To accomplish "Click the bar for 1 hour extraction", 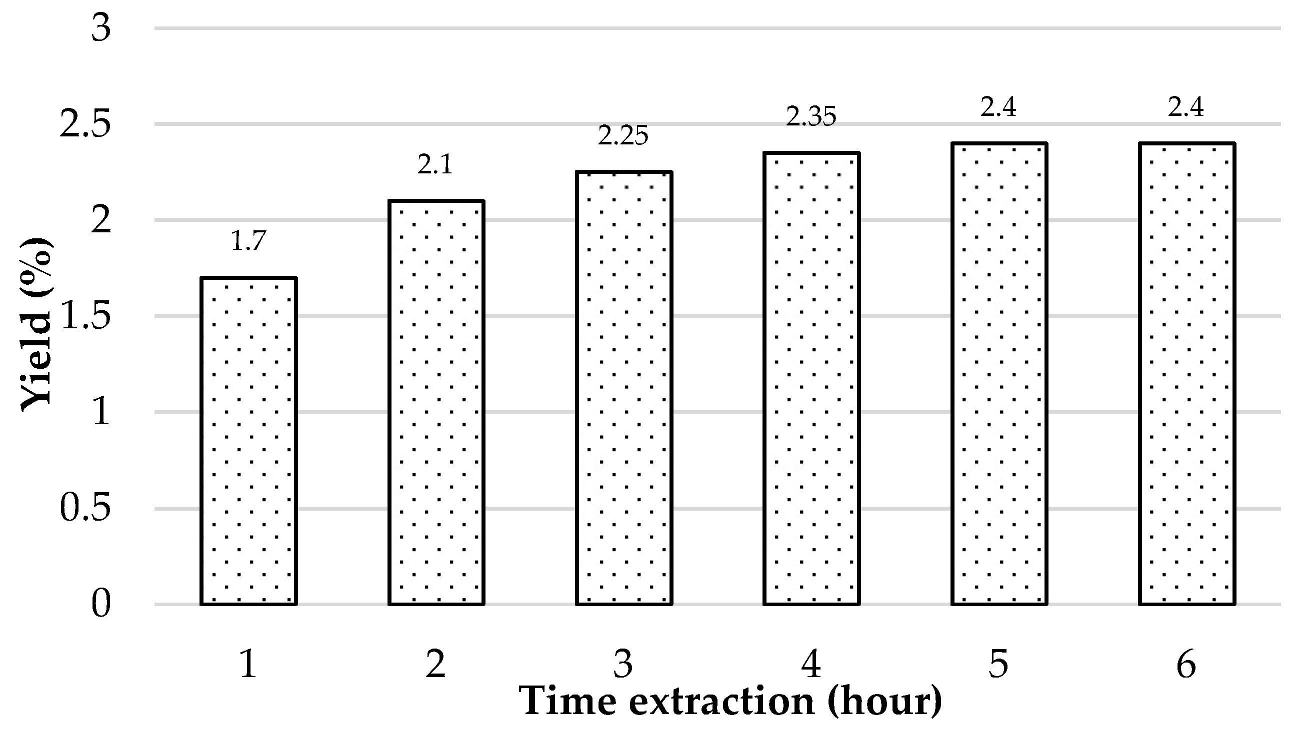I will pyautogui.click(x=248, y=441).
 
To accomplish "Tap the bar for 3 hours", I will pyautogui.click(x=623, y=388).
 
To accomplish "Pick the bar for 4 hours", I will pyautogui.click(x=811, y=378).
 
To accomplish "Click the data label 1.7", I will pyautogui.click(x=248, y=241).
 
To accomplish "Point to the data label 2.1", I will pyautogui.click(x=435, y=164).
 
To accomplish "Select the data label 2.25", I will pyautogui.click(x=623, y=136).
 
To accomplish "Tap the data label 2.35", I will pyautogui.click(x=811, y=117).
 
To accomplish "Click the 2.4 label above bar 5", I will pyautogui.click(x=998, y=107).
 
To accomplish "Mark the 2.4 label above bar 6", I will pyautogui.click(x=1186, y=107).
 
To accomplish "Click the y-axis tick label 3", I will pyautogui.click(x=100, y=28).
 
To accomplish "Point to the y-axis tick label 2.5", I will pyautogui.click(x=85, y=124).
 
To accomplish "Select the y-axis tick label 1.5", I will pyautogui.click(x=85, y=317).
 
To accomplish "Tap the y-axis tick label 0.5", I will pyautogui.click(x=85, y=509).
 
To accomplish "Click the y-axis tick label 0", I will pyautogui.click(x=100, y=604).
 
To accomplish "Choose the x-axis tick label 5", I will pyautogui.click(x=999, y=665).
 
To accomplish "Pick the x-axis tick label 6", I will pyautogui.click(x=1186, y=665).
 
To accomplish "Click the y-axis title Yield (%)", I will pyautogui.click(x=36, y=325).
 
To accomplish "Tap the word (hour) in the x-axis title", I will pyautogui.click(x=884, y=702).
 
